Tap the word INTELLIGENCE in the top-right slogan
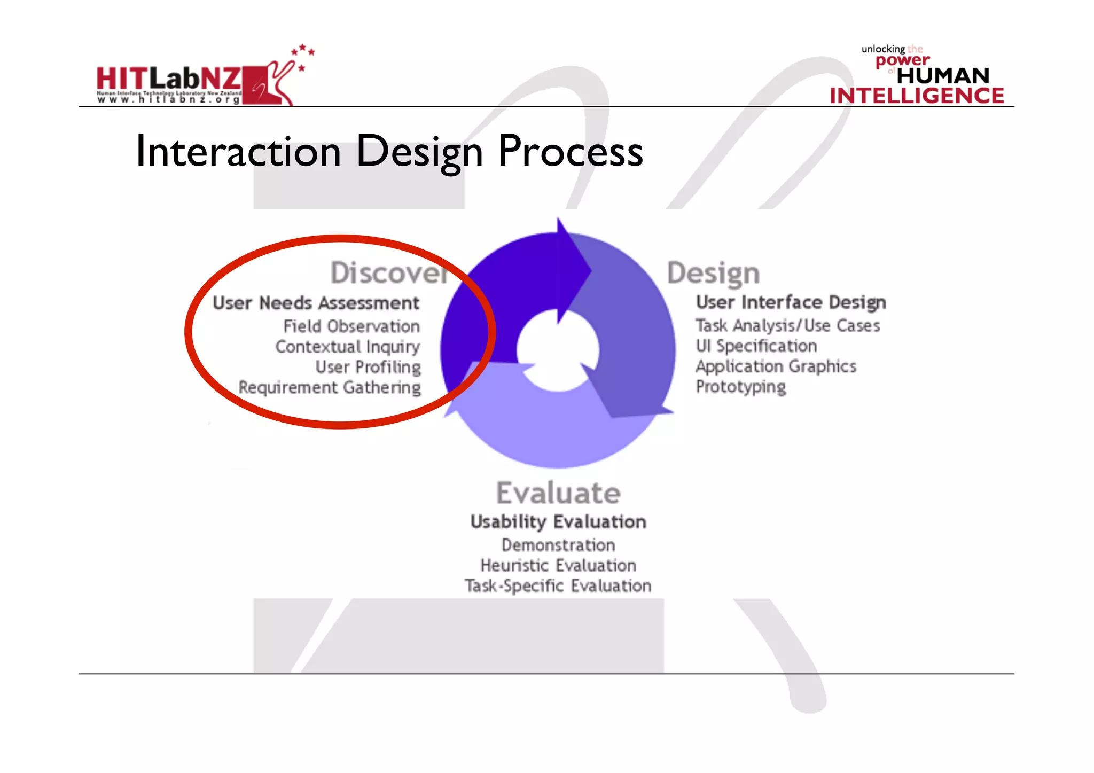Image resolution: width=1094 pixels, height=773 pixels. tap(917, 96)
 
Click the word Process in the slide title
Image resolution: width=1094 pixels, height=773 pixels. tap(570, 152)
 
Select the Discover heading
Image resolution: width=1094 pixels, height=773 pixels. tap(389, 273)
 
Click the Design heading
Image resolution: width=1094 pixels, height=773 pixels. tap(713, 274)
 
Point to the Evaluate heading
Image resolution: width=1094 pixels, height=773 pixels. tap(558, 493)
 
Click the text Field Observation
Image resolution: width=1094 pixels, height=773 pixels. tap(351, 326)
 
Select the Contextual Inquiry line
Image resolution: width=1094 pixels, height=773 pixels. tap(348, 347)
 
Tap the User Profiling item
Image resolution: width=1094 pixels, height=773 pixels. tap(368, 367)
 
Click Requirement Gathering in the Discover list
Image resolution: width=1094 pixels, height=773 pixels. tap(330, 387)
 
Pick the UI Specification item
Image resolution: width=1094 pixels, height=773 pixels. tap(756, 346)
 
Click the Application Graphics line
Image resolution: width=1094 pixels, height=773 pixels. tap(776, 366)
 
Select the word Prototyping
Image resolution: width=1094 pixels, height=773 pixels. tap(740, 387)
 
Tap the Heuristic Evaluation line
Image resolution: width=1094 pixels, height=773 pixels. tap(558, 565)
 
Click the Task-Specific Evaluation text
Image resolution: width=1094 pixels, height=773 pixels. tap(558, 586)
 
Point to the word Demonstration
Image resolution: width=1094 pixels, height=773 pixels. tap(558, 545)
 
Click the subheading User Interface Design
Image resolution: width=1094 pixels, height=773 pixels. tap(791, 302)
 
